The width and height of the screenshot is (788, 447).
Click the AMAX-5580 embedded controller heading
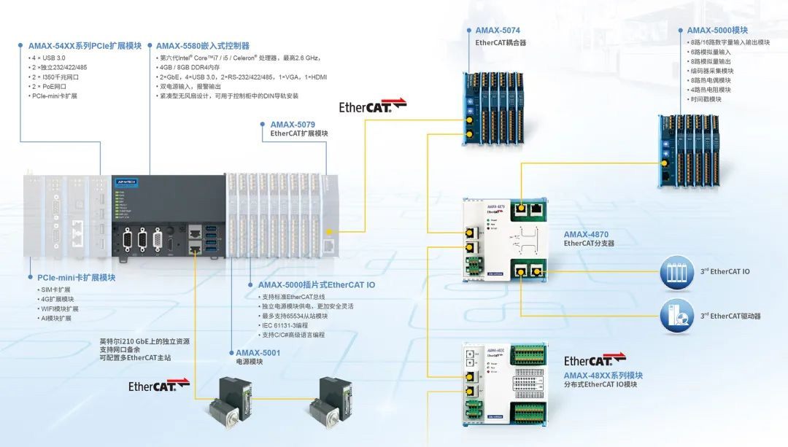pyautogui.click(x=203, y=45)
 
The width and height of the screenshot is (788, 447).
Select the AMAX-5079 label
pyautogui.click(x=293, y=125)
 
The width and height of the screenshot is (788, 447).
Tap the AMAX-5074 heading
pyautogui.click(x=498, y=31)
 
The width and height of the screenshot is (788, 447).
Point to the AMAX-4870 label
pyautogui.click(x=586, y=234)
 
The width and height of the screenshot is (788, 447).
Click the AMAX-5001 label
pyautogui.click(x=258, y=352)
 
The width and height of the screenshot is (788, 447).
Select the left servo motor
pyautogui.click(x=230, y=403)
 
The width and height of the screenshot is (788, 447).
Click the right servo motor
pyautogui.click(x=330, y=403)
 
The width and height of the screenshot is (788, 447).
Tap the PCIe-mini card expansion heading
pyautogui.click(x=76, y=277)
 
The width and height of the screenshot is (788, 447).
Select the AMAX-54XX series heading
pyautogui.click(x=85, y=45)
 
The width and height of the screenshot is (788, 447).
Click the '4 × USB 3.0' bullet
pyautogui.click(x=49, y=58)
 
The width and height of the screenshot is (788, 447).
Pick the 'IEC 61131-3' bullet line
pyautogui.click(x=284, y=325)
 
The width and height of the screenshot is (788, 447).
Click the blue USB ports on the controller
pyautogui.click(x=211, y=241)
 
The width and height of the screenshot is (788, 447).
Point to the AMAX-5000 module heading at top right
pyautogui.click(x=717, y=31)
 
